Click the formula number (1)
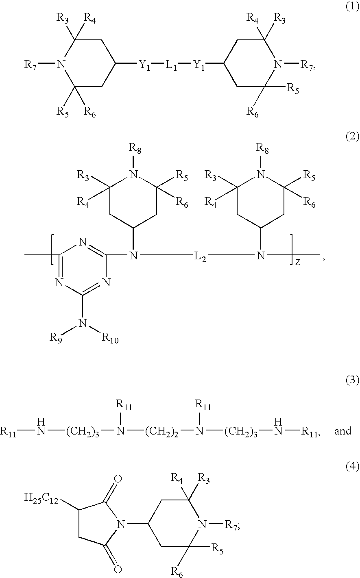(352, 7)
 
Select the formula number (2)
(352, 136)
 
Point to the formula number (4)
(352, 466)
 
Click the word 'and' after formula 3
(343, 431)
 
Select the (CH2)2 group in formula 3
(161, 431)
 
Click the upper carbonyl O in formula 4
(118, 479)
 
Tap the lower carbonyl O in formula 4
(118, 569)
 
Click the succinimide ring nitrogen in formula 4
(121, 524)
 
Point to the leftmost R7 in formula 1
(31, 65)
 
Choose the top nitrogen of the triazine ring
(83, 242)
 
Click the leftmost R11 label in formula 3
(8, 432)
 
